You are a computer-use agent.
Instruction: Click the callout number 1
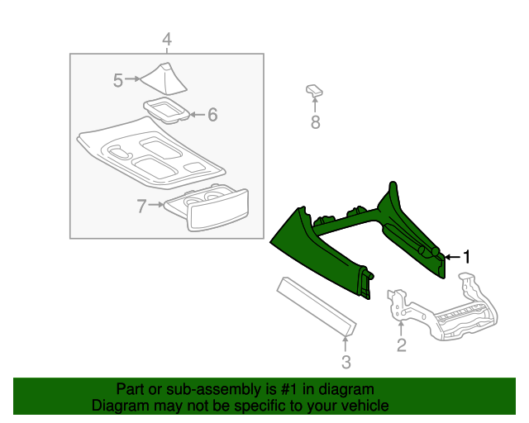tap(466, 257)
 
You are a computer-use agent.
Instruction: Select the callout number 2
tap(402, 345)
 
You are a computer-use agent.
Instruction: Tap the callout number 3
tap(346, 361)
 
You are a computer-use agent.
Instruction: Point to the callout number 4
tap(166, 39)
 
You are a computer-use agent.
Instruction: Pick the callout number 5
tap(118, 79)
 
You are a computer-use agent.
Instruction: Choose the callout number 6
tap(212, 115)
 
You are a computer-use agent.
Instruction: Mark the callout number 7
tap(141, 203)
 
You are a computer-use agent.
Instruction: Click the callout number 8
tap(315, 123)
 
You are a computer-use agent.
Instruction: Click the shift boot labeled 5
tap(166, 78)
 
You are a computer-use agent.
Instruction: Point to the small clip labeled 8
tap(314, 90)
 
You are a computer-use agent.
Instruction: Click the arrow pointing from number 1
tap(450, 258)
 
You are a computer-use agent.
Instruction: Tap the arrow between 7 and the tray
tap(157, 203)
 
